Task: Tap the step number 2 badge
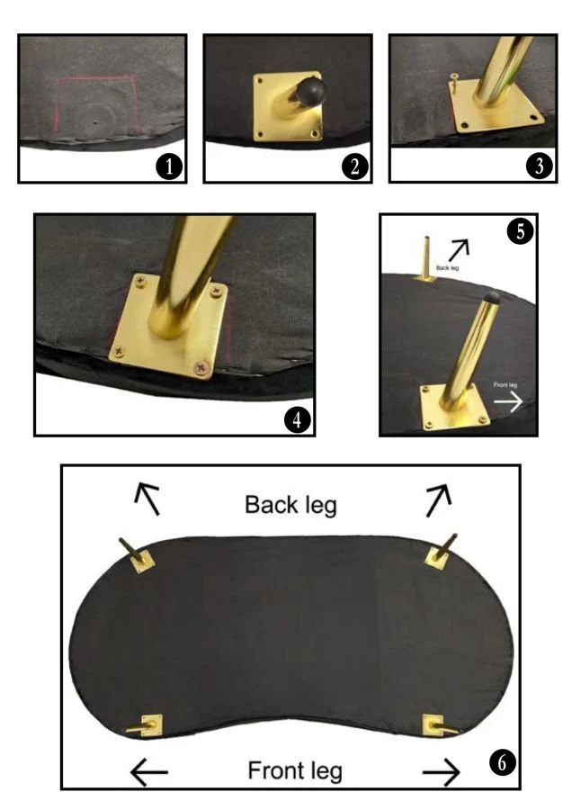(354, 166)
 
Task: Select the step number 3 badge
(539, 166)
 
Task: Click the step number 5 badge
(520, 231)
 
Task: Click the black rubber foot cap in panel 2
(311, 90)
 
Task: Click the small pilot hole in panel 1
(94, 123)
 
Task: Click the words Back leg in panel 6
(290, 505)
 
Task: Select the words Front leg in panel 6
(295, 770)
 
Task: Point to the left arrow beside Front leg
(148, 772)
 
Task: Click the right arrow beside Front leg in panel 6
(442, 772)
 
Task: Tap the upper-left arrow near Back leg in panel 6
(147, 499)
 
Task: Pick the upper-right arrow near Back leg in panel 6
(439, 500)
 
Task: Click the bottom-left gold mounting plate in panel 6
(152, 725)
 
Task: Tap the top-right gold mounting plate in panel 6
(438, 557)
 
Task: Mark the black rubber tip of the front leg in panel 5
(490, 296)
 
